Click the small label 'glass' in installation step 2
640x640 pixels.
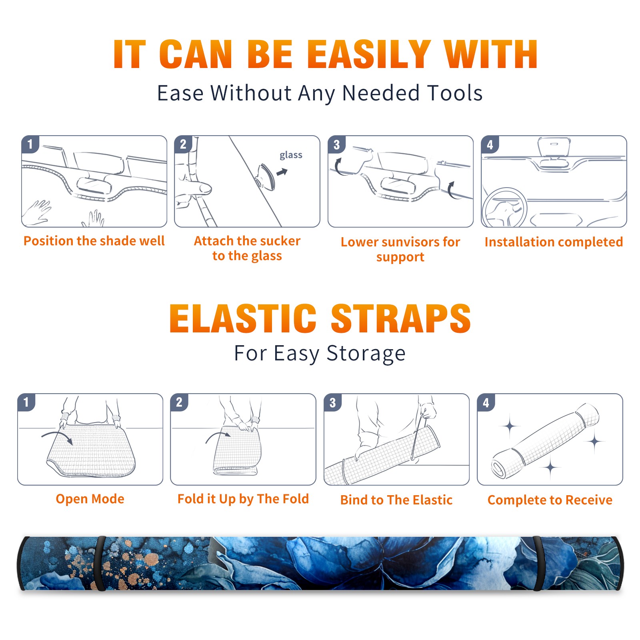point(291,155)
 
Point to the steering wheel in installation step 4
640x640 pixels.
point(504,208)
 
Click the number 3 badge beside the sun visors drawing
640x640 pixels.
point(336,144)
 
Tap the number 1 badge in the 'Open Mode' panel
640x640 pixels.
point(26,402)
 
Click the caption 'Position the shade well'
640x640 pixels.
point(94,241)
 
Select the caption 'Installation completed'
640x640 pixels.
point(554,242)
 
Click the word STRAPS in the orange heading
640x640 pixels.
point(401,318)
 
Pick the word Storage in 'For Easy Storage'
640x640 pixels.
point(366,354)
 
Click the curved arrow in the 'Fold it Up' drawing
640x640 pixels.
point(218,436)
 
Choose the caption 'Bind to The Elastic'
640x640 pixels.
point(396,500)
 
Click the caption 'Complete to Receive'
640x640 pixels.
point(550,500)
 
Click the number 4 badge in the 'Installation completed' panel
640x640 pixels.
point(490,144)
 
